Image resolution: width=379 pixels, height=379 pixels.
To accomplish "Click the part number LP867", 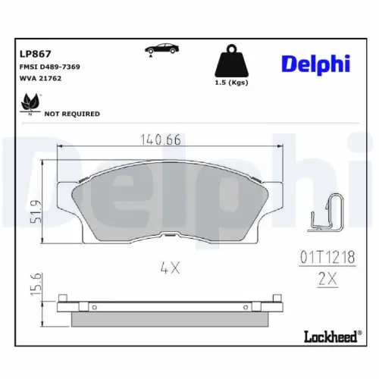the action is [36, 54].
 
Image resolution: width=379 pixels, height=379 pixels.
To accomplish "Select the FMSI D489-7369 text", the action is [50, 67].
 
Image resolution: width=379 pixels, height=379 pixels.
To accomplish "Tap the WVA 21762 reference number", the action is [40, 78].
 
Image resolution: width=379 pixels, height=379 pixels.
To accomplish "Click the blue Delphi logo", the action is [316, 64].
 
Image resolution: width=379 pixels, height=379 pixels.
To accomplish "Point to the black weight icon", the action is [232, 61].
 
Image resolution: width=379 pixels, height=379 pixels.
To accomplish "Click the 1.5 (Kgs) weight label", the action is [231, 83].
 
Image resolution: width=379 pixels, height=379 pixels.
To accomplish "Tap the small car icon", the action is [161, 49].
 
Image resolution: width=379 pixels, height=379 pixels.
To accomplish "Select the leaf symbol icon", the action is [31, 104].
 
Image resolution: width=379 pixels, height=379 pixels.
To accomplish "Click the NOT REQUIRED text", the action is [72, 114].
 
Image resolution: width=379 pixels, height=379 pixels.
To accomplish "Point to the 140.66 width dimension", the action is [161, 139].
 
